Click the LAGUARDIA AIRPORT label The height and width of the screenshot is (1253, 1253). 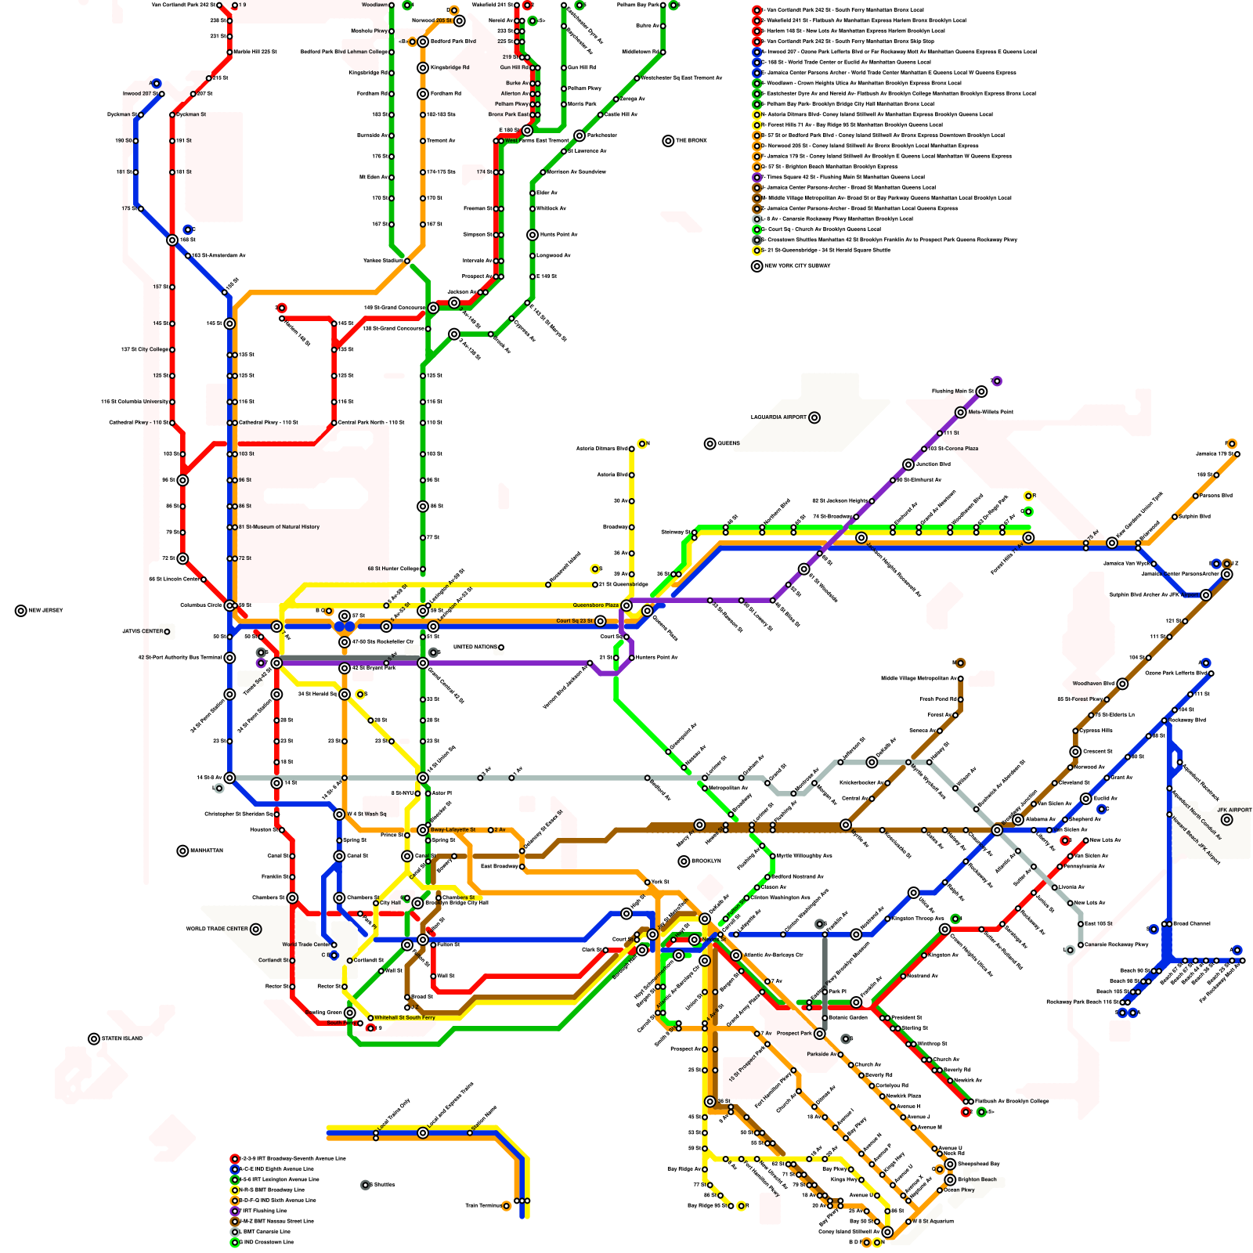point(778,417)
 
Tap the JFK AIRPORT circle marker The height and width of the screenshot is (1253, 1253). point(1226,820)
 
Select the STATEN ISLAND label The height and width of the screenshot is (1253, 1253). point(122,1039)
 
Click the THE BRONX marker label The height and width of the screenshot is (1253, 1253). point(691,141)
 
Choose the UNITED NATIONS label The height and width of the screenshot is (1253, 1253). point(475,648)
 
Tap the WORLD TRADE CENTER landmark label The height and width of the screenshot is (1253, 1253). point(217,930)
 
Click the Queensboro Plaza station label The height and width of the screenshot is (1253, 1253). point(595,605)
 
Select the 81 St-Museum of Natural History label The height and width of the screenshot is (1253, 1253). point(279,527)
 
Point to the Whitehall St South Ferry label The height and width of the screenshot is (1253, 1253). point(404,1018)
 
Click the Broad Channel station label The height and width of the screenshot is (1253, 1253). point(1191,924)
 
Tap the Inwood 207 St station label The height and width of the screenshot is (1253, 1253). point(139,94)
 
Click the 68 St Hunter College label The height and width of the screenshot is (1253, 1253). point(393,569)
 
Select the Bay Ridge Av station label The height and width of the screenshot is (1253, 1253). point(683,1169)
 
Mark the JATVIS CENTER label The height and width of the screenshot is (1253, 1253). point(142,631)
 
